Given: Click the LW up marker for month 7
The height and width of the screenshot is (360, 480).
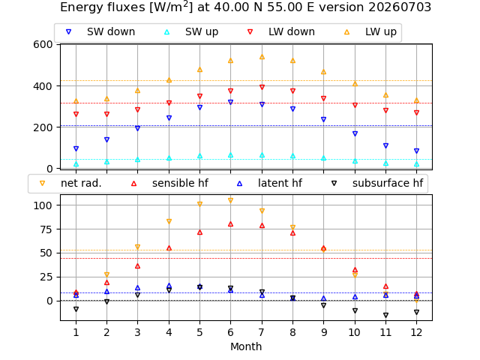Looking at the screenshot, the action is pos(262,57).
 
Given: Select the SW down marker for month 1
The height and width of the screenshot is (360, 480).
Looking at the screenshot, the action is pos(76,148).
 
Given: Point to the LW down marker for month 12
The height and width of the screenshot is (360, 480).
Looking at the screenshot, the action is pos(416,112).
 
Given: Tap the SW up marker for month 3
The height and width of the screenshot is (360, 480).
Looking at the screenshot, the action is pos(137,160).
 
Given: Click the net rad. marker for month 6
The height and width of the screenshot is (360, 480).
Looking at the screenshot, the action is pos(230,200).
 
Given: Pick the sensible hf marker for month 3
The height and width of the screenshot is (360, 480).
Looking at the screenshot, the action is pos(137,266).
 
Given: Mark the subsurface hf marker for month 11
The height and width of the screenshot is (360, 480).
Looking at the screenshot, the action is pos(385,315).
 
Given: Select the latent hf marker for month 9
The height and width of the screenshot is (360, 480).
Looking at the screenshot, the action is pos(323,298).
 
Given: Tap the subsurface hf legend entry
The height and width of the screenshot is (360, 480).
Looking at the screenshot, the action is pos(377,183).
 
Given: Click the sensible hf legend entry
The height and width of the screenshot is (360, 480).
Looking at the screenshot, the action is pos(170,183).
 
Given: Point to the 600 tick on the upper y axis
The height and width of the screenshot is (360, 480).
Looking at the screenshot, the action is pos(43,44).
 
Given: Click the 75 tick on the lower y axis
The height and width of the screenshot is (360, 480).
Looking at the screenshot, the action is pos(46,229).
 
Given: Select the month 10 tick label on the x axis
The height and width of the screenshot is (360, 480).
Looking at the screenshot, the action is pos(355,332).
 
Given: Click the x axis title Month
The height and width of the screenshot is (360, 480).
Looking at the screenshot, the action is pos(246,346).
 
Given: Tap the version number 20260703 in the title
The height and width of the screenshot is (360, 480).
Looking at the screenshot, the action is pos(400,7).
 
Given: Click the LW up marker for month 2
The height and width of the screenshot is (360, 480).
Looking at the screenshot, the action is pos(106,99).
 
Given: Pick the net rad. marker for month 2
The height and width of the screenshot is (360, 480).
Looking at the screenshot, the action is pos(106,274).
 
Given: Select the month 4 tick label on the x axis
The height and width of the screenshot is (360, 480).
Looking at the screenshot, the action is pos(169,332).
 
